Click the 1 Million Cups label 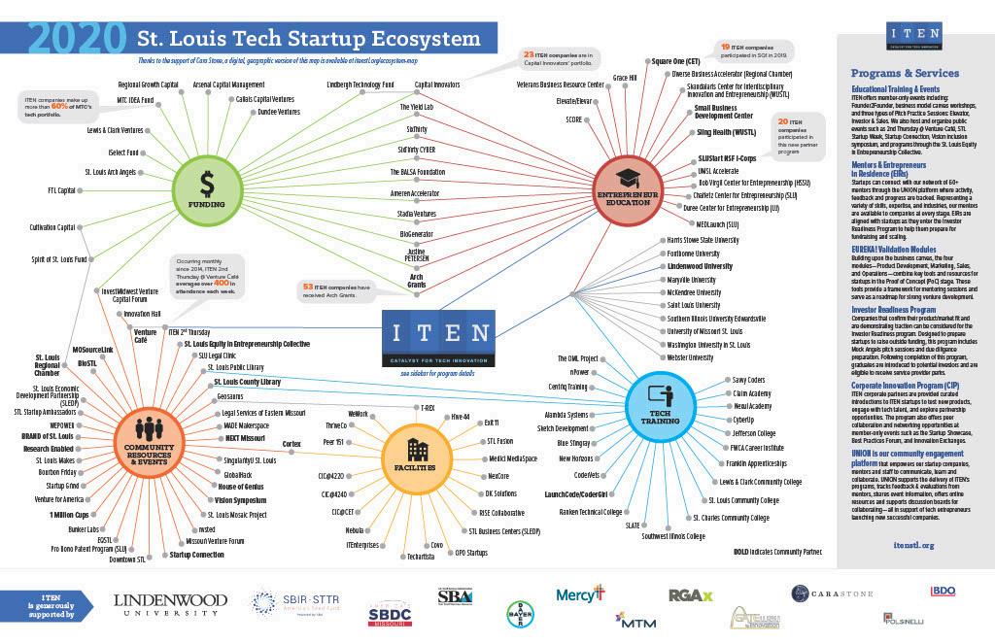[x=69, y=513]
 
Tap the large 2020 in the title [x=76, y=39]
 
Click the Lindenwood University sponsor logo [x=167, y=603]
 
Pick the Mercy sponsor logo [x=580, y=593]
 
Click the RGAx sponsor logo [x=691, y=594]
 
